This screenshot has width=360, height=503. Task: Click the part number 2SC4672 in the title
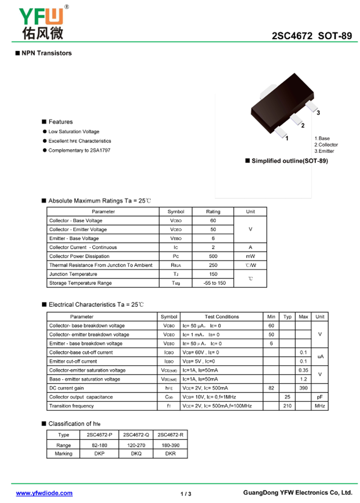tap(292, 36)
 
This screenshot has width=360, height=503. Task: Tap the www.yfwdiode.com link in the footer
tap(44, 493)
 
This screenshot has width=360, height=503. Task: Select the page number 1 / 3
tap(186, 494)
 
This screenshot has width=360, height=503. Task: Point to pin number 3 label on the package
tap(318, 113)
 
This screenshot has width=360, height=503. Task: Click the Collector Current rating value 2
tap(213, 247)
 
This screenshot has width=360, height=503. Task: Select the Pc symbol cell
tap(176, 256)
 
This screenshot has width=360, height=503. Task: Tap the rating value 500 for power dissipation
tap(213, 256)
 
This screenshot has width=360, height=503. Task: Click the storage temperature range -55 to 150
tap(213, 283)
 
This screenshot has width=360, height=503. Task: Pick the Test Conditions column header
tap(222, 317)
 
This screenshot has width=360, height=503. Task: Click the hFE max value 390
tap(303, 388)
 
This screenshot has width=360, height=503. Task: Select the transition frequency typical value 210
tap(287, 406)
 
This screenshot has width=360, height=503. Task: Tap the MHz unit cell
tap(320, 406)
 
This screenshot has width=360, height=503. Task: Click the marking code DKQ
tap(136, 454)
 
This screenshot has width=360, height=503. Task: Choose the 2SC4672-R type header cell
tap(170, 435)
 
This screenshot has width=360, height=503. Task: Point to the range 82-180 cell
tap(99, 445)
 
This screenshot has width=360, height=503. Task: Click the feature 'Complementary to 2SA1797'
tap(79, 150)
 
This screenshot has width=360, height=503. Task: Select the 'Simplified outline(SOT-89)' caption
tap(289, 161)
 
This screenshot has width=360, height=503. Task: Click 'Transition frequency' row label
tap(72, 406)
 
